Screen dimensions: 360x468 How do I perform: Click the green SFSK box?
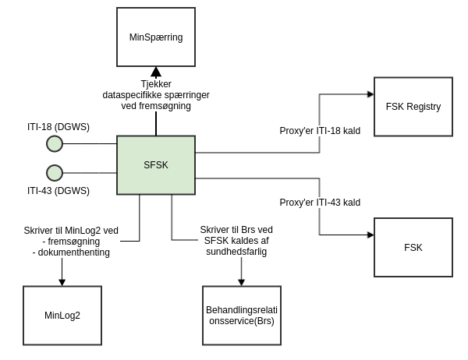coord(156,164)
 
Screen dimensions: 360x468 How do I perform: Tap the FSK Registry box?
coord(413,107)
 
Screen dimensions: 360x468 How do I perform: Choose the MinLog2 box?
coord(62,316)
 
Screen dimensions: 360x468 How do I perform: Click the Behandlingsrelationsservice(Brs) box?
coord(242,316)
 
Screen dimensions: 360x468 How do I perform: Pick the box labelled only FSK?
coord(413,247)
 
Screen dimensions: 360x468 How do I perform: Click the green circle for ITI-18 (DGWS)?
coord(55,143)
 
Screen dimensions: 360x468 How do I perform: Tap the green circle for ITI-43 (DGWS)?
coord(55,172)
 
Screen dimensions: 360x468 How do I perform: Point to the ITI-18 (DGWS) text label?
coord(58,125)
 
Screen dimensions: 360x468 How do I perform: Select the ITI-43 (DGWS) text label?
coord(58,191)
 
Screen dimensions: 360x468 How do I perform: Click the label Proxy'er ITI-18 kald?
coord(320,131)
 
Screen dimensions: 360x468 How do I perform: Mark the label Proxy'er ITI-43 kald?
coord(320,203)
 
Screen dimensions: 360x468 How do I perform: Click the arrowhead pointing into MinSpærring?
coord(156,72)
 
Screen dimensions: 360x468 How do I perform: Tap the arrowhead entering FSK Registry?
coord(370,94)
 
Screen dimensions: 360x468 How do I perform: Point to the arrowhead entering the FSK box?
coord(370,235)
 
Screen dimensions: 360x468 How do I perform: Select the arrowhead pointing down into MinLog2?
coord(62,281)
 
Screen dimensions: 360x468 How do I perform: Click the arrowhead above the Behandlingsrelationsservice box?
coord(242,281)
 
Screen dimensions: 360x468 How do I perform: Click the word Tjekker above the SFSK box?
coord(156,83)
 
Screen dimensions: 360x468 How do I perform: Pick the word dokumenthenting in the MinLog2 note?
coord(71,252)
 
